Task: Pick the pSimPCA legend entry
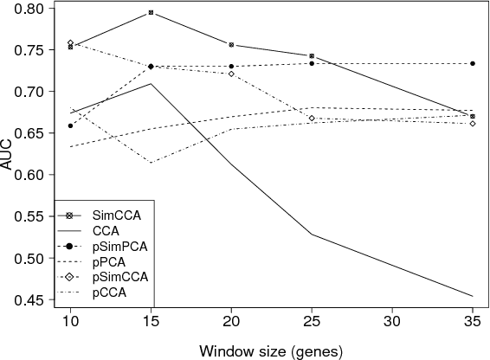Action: (x=119, y=246)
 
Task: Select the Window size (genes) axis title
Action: (x=271, y=351)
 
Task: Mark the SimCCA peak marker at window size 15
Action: (x=152, y=13)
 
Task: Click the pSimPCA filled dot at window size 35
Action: (x=472, y=63)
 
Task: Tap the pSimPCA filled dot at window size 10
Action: (x=71, y=125)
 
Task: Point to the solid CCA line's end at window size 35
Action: (x=472, y=296)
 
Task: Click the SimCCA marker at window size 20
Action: (x=231, y=44)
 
